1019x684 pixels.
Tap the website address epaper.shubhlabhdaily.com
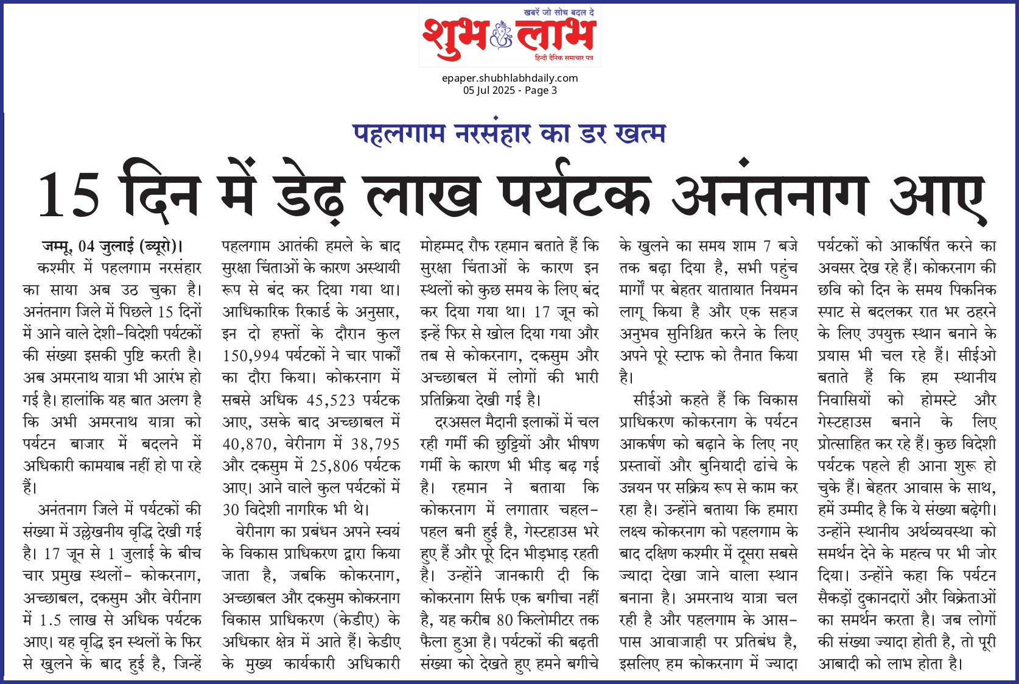tap(509, 78)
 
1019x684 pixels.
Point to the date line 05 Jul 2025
tap(489, 90)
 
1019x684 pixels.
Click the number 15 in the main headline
tap(68, 195)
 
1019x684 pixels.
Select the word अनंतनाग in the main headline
tap(769, 194)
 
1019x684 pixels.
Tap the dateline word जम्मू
tap(57, 247)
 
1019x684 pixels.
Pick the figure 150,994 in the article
tap(251, 356)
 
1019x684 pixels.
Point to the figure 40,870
tap(249, 445)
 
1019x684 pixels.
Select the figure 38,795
tap(375, 445)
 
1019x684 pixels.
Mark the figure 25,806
tap(334, 467)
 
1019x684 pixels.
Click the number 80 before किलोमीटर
tap(505, 620)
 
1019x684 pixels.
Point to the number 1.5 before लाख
tap(50, 620)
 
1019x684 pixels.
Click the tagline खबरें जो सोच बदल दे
tap(559, 12)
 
